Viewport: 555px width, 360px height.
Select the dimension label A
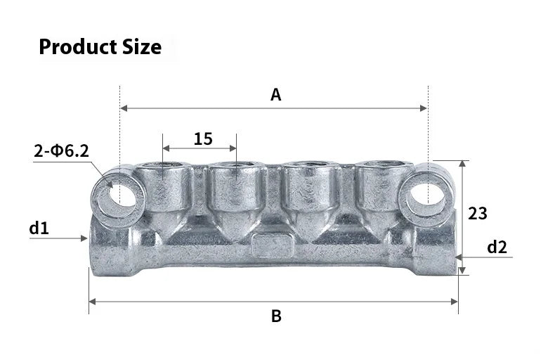tap(276, 95)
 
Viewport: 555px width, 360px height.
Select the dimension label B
tap(276, 316)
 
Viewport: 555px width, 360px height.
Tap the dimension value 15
tap(203, 139)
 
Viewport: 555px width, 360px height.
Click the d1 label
tap(39, 228)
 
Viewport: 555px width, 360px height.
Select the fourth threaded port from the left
tap(381, 169)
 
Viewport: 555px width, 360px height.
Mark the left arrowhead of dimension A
tap(125, 108)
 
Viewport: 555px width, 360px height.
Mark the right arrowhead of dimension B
tap(454, 302)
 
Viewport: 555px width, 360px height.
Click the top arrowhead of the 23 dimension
tap(462, 164)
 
